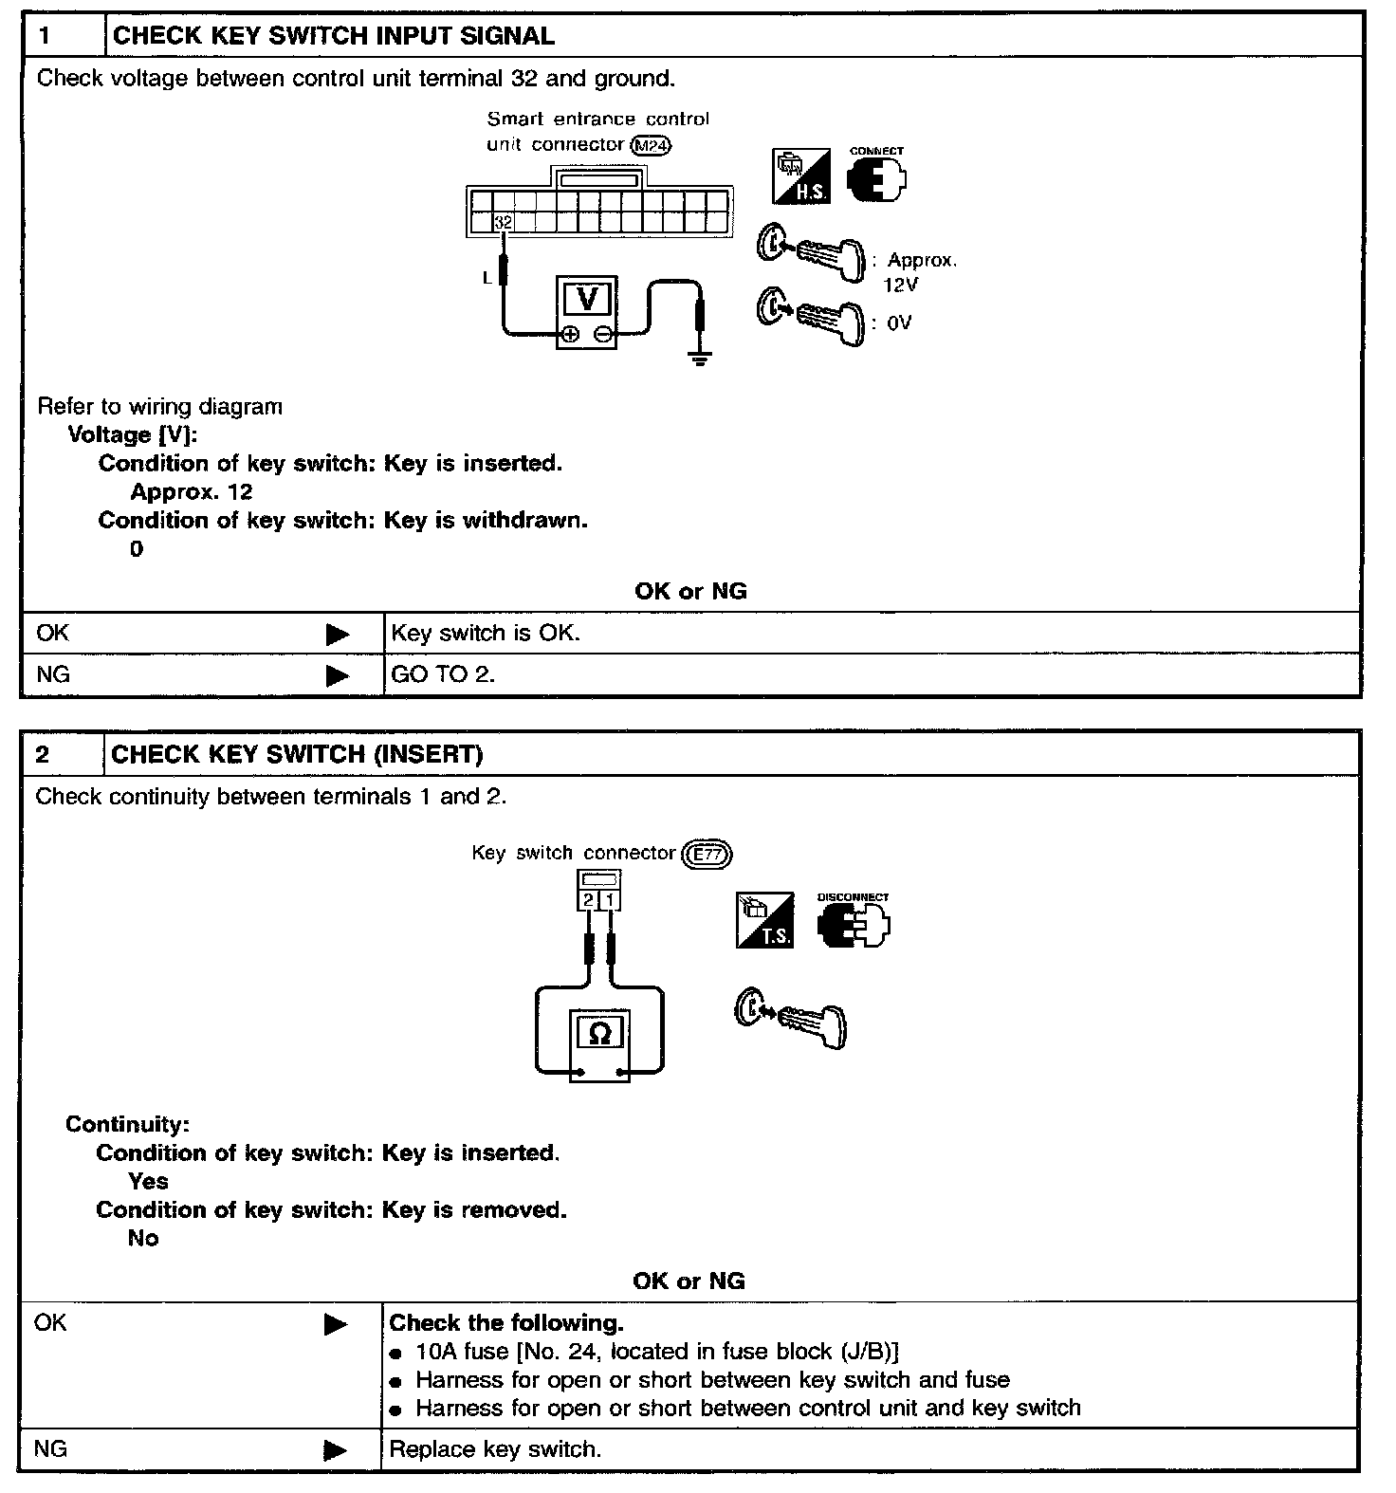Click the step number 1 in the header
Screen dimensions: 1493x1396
coord(46,36)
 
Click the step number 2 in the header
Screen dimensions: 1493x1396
coord(43,754)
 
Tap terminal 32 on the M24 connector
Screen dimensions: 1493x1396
coord(504,222)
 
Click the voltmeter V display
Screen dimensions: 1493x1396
coord(587,299)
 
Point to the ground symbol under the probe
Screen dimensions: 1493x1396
coord(700,359)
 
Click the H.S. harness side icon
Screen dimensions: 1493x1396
coord(801,175)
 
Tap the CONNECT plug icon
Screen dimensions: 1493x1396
coord(876,177)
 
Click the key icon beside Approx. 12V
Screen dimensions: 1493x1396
coord(812,252)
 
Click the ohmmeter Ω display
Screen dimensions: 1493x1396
coord(599,1033)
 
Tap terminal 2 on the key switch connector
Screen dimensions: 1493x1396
coord(589,899)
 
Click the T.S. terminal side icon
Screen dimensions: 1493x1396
coord(764,921)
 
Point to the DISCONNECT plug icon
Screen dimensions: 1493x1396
coord(854,925)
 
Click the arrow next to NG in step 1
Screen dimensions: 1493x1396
coord(337,675)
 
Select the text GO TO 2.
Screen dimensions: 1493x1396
coord(443,675)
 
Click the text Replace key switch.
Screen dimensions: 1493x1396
coord(495,1449)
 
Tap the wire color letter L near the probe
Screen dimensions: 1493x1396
coord(487,278)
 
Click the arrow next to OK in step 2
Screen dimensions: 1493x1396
coord(336,1324)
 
